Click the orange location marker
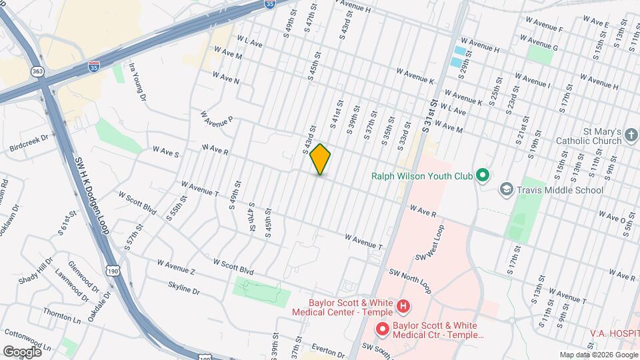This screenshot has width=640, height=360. click(x=320, y=159)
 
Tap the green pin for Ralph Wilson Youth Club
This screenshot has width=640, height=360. click(x=483, y=177)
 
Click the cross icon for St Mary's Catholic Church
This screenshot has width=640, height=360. click(x=631, y=137)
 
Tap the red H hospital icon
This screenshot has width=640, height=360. click(x=403, y=307)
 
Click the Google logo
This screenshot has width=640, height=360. click(x=22, y=351)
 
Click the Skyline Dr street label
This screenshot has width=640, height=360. click(x=183, y=288)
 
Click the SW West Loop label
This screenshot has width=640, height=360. click(x=429, y=243)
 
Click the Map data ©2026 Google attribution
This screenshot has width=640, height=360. click(x=599, y=355)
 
